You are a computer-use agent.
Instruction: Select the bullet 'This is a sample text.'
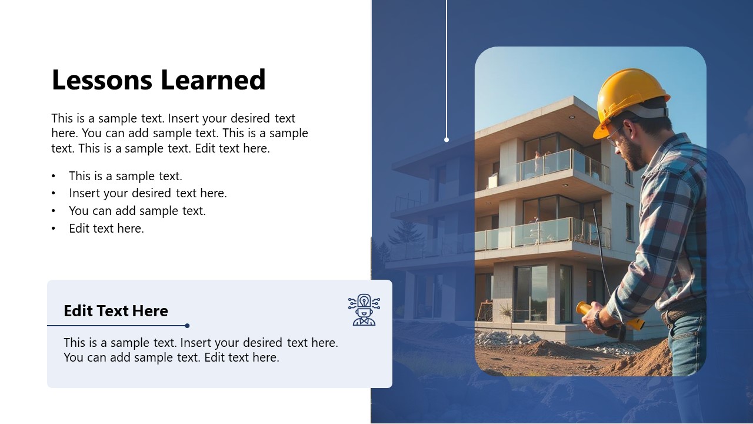click(x=125, y=176)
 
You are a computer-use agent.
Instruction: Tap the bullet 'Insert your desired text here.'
click(x=148, y=193)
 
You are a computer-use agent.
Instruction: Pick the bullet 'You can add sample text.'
click(x=137, y=211)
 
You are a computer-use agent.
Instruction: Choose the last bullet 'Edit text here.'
click(x=106, y=228)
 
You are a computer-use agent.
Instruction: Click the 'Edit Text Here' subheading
click(x=116, y=311)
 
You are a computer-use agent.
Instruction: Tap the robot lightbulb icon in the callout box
click(x=364, y=310)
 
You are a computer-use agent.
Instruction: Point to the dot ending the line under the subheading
click(x=187, y=326)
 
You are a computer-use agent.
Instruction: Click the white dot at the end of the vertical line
click(x=447, y=140)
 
